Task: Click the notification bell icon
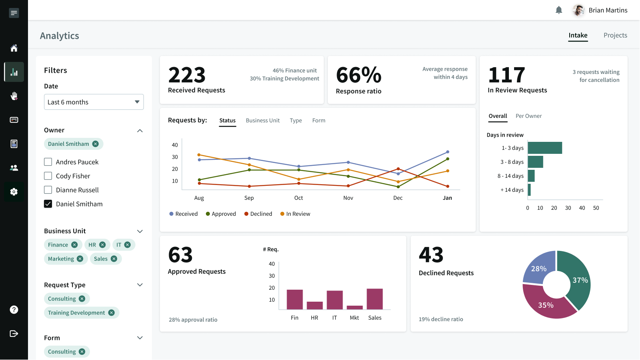click(x=559, y=10)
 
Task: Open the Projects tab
click(x=615, y=35)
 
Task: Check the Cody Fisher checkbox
click(x=48, y=176)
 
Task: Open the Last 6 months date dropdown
click(x=94, y=102)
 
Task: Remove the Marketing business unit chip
click(x=80, y=259)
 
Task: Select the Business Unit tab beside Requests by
click(x=263, y=120)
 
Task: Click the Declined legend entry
click(x=258, y=214)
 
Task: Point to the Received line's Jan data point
click(x=447, y=152)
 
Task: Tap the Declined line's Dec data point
click(x=398, y=169)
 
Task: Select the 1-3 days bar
click(x=544, y=148)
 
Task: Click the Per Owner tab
click(x=528, y=116)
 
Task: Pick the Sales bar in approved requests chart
click(x=375, y=299)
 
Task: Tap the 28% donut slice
click(x=538, y=268)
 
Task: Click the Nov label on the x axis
click(x=348, y=198)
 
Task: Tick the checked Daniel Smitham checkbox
click(x=48, y=204)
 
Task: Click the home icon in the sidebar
click(x=14, y=48)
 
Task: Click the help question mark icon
click(x=14, y=310)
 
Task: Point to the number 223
click(x=187, y=75)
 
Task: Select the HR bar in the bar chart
click(x=315, y=305)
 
